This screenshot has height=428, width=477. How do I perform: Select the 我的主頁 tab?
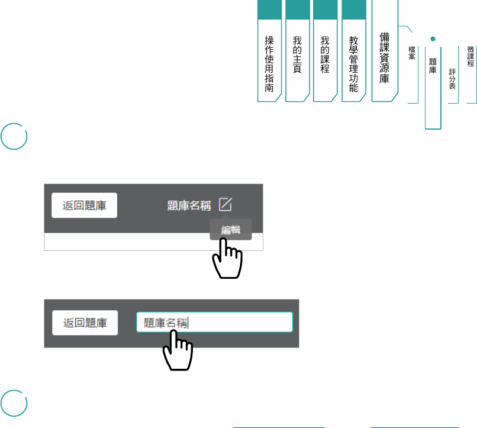tap(297, 54)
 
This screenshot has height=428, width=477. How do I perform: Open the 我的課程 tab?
tap(325, 54)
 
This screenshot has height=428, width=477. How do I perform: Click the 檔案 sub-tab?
tap(412, 53)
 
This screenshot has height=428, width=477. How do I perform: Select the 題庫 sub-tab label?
tap(433, 65)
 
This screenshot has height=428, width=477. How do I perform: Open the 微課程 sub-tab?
tap(470, 57)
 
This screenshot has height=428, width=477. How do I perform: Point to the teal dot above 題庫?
tap(433, 38)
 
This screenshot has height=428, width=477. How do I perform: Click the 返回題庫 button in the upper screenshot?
tap(85, 205)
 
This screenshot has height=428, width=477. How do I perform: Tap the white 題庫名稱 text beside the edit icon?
tap(189, 205)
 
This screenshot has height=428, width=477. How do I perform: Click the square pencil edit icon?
tap(225, 204)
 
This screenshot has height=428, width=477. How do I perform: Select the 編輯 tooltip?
tap(231, 230)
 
